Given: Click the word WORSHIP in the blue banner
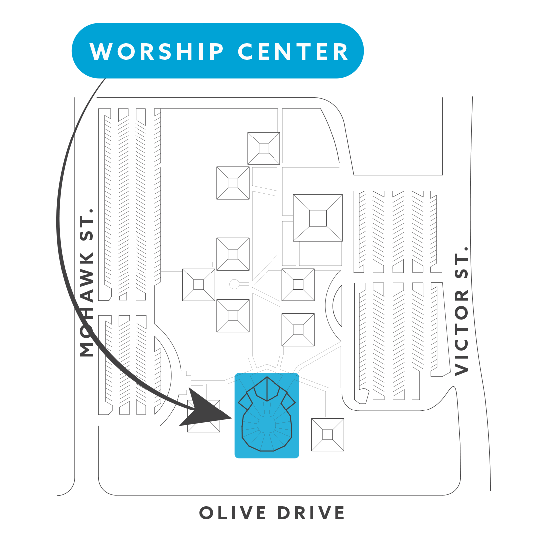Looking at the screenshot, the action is click(x=157, y=51).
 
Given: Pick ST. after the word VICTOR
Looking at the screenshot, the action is click(x=462, y=261).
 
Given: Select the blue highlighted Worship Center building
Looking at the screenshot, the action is click(x=267, y=415).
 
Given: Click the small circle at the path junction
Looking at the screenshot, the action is click(x=234, y=284).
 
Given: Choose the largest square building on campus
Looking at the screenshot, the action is click(x=318, y=218).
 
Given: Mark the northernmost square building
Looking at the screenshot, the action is click(x=264, y=148).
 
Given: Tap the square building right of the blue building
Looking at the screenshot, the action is click(x=327, y=435).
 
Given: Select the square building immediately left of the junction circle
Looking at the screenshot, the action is click(x=198, y=284).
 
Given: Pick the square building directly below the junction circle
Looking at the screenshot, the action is click(x=233, y=316).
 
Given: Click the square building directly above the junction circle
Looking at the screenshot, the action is click(x=233, y=254).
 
